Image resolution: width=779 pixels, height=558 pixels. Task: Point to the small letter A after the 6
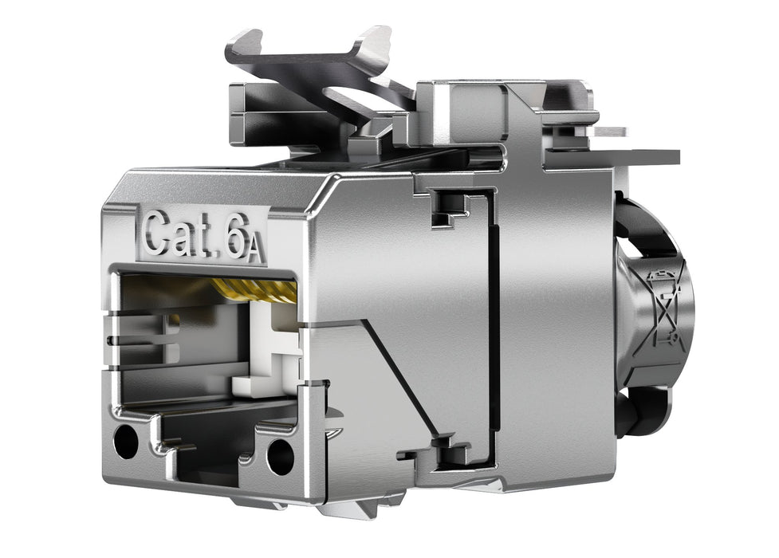click(254, 249)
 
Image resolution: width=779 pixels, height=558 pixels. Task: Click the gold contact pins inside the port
click(255, 289)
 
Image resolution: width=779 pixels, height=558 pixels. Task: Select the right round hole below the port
click(280, 455)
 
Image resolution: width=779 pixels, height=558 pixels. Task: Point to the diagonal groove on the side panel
click(399, 375)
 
